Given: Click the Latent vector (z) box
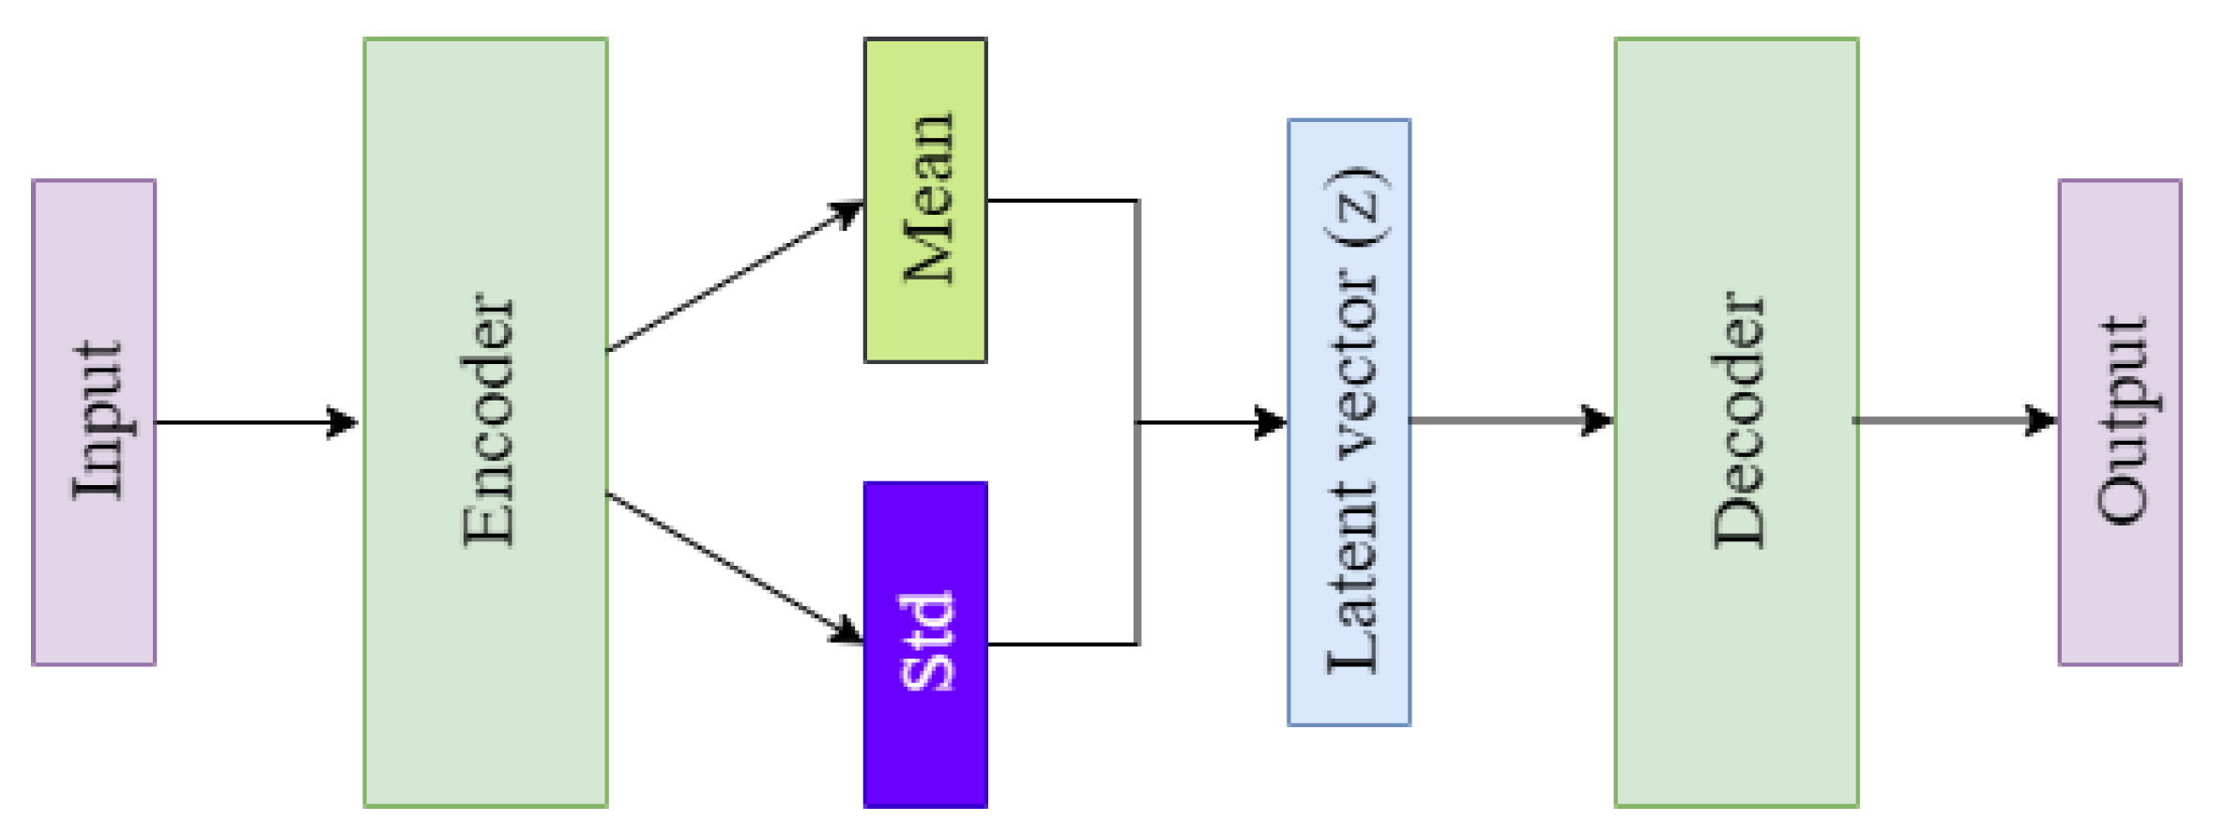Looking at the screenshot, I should pyautogui.click(x=1349, y=422).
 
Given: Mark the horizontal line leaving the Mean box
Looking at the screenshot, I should pyautogui.click(x=1060, y=201).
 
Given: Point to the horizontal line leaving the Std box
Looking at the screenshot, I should pyautogui.click(x=1060, y=644).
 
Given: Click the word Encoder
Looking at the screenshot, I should pyautogui.click(x=488, y=420).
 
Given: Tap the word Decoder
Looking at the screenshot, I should pyautogui.click(x=1738, y=420).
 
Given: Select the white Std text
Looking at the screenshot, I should pyautogui.click(x=927, y=643).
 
